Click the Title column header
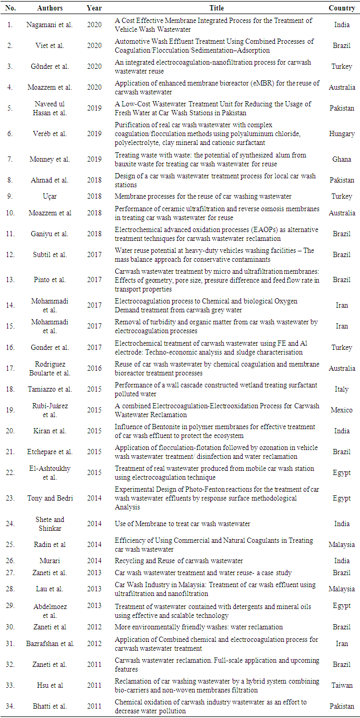pos(217,8)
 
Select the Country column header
pos(342,8)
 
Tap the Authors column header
pos(50,8)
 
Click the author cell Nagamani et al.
pos(50,25)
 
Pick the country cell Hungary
pos(342,133)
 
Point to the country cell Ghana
pos(342,159)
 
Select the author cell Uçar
pos(50,197)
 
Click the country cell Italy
pos(342,389)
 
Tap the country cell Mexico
pos(342,410)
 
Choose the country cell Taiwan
pos(342,685)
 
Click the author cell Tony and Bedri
pos(50,498)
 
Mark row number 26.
pos(10,561)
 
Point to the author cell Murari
pos(50,561)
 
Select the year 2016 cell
pos(94,368)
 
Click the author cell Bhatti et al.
pos(50,706)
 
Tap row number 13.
pos(10,279)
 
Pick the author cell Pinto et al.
pos(50,279)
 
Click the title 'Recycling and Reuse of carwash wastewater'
pos(179,561)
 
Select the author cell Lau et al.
pos(50,589)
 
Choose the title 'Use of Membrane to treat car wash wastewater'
pos(183,524)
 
